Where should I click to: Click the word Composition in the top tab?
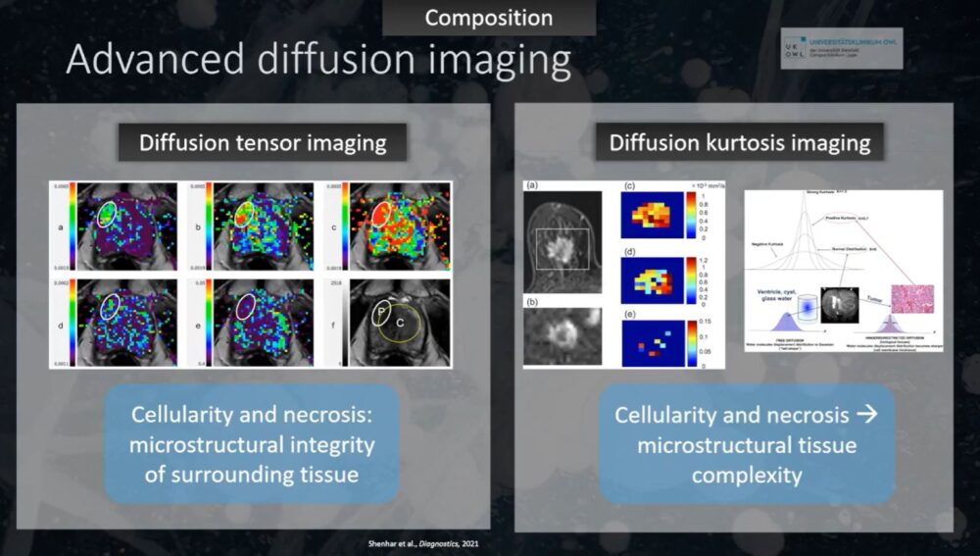click(x=489, y=18)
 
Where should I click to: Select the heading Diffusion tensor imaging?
click(x=263, y=142)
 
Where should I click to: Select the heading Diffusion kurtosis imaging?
click(x=739, y=142)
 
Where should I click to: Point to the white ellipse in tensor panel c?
click(x=388, y=215)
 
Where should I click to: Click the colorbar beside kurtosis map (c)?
click(x=692, y=216)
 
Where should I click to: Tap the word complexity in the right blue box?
click(x=747, y=475)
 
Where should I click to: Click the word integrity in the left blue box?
click(x=328, y=444)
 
